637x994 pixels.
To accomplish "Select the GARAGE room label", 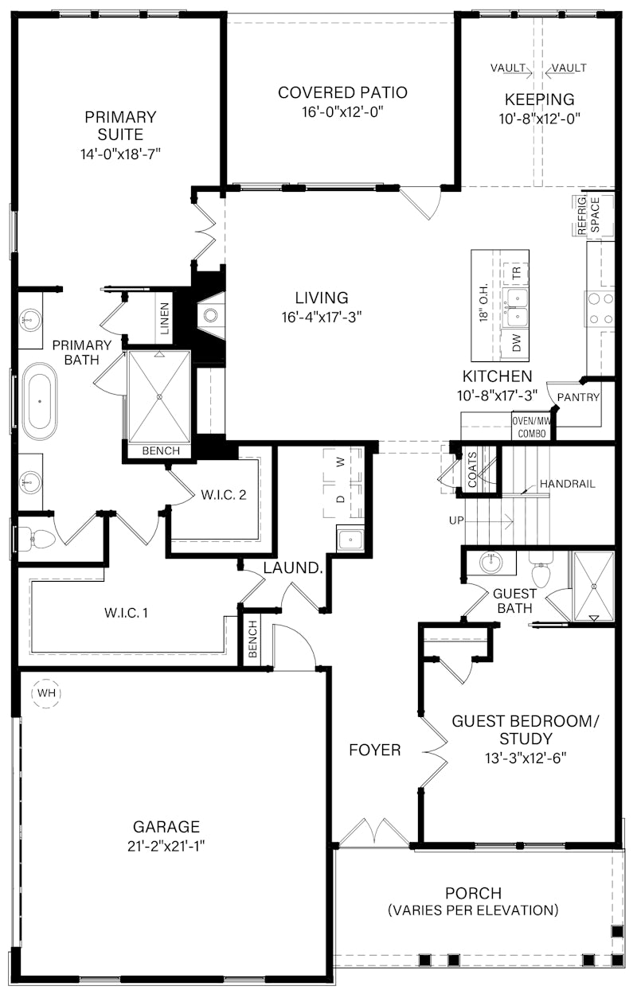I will [167, 827].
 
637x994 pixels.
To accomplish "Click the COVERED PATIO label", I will [342, 93].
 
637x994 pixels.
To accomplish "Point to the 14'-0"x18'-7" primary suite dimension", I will [121, 154].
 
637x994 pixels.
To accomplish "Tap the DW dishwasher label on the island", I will [517, 343].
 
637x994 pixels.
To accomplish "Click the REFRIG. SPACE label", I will [589, 214].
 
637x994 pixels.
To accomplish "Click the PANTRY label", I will [579, 397].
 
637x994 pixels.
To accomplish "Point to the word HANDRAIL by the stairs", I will [567, 484].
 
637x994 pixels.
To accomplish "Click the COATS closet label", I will [472, 469].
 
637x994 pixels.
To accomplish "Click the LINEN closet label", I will [164, 318].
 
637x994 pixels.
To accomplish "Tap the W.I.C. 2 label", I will [223, 495].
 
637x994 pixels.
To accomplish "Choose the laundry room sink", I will [350, 539].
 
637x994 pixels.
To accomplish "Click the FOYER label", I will [374, 750].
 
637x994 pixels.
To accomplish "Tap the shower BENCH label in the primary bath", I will [160, 451].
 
